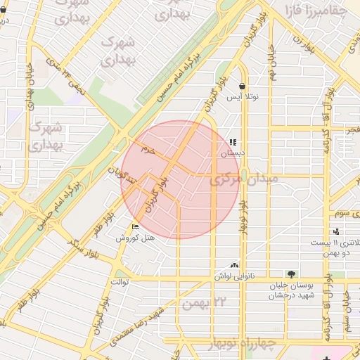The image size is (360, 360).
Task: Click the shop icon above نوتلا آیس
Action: (242, 86)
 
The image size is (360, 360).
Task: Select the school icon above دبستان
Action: (233, 143)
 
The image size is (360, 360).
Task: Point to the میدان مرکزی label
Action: (245, 179)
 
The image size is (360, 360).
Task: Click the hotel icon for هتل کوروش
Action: (136, 226)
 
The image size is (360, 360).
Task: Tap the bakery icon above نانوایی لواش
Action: (234, 266)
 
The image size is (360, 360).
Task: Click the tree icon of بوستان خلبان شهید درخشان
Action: (291, 274)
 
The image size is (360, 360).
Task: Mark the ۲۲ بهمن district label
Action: (205, 304)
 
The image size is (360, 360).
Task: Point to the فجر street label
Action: (351, 130)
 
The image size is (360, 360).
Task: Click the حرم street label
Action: (146, 150)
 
